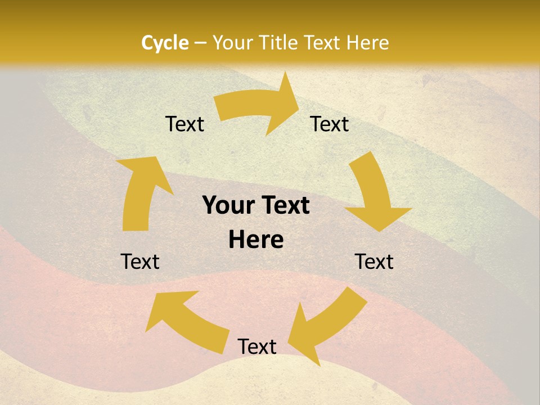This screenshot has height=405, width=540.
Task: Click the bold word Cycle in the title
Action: (165, 43)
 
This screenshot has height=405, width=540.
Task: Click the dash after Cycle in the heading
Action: (200, 43)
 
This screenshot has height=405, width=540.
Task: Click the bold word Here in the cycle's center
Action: (256, 240)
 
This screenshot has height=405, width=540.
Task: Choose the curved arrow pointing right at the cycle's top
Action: (253, 107)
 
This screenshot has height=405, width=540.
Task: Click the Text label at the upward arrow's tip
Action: (184, 124)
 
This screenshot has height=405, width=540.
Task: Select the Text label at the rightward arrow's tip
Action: (330, 124)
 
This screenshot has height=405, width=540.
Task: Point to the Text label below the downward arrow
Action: (374, 262)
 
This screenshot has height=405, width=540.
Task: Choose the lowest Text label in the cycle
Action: (257, 346)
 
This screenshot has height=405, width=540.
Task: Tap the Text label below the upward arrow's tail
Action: (140, 262)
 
